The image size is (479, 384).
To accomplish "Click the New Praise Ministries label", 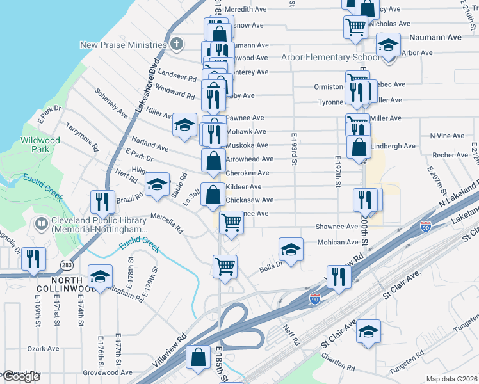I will pos(123,45).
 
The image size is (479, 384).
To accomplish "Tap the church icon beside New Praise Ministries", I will pos(177,44).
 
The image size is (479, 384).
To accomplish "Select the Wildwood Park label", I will pos(40,145).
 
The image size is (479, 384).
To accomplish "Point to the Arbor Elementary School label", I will pos(330,57).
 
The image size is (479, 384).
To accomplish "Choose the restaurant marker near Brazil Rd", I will pos(102,201).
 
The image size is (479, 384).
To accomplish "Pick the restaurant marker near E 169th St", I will pos(33,259).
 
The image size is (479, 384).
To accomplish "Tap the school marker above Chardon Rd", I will pos(368,331).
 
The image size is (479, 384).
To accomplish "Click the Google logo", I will pos(21,377).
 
